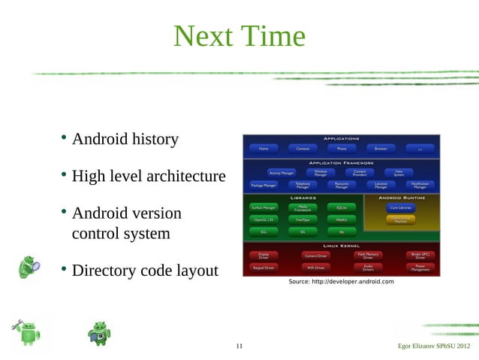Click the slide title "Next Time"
239,36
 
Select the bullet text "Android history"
125,139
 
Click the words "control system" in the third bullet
120,234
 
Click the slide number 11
239,346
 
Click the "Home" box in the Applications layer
264,149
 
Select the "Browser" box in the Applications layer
381,149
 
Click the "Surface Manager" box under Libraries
264,207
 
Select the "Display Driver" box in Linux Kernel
264,256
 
